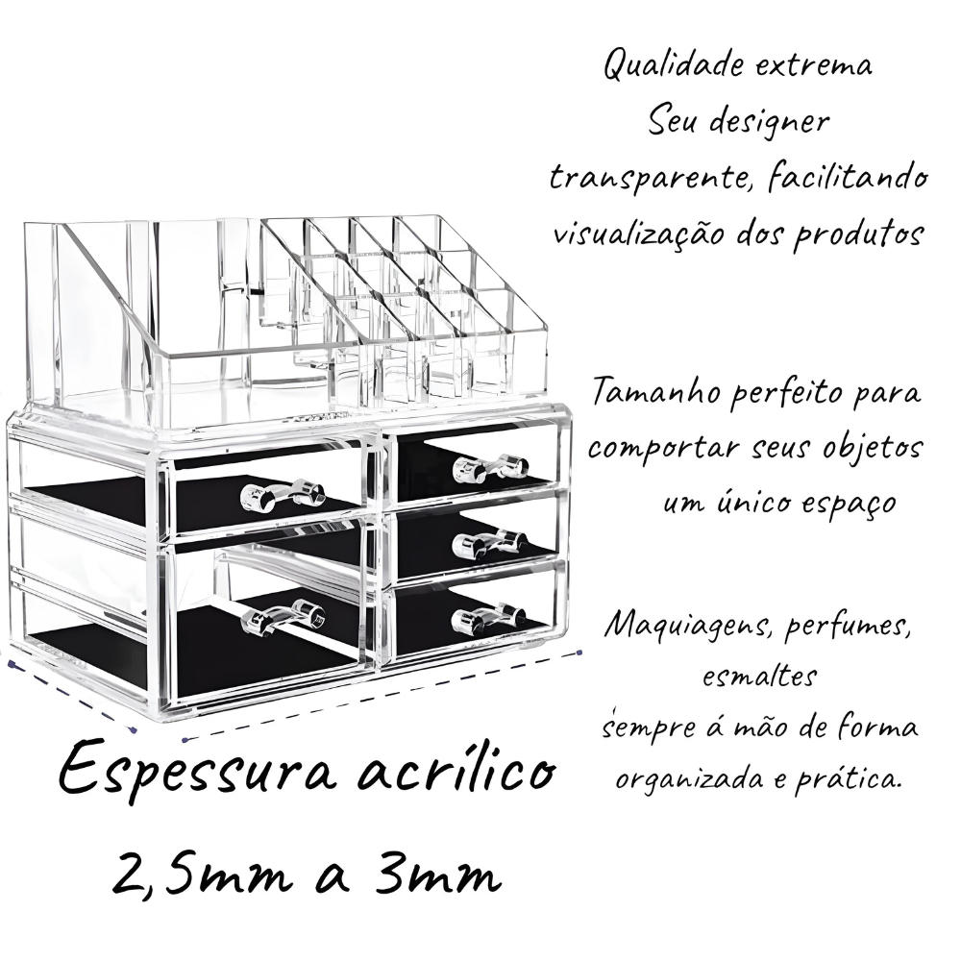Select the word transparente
point(653,179)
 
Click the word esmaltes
point(759,678)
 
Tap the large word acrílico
point(456,766)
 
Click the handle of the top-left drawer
point(283,495)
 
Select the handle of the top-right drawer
point(490,467)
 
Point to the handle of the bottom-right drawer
point(488,619)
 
